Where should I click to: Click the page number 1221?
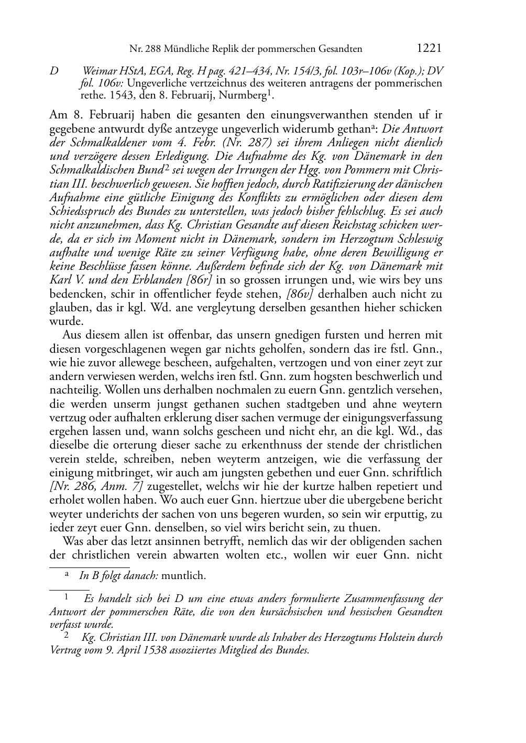(429, 49)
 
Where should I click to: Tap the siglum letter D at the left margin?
(54, 70)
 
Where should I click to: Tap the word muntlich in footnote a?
(183, 576)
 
